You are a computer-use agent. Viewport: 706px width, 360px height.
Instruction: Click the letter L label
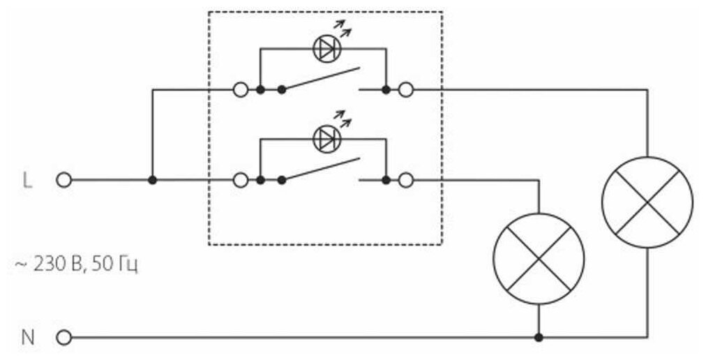(x=27, y=180)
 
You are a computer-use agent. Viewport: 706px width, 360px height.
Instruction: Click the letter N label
(x=28, y=338)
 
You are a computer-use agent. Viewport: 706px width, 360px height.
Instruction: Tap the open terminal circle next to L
(x=63, y=180)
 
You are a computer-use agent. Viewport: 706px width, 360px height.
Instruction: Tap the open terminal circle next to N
(x=63, y=338)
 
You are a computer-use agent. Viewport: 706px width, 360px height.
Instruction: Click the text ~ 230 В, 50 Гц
(x=76, y=265)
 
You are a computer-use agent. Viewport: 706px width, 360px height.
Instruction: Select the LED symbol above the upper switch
(x=326, y=48)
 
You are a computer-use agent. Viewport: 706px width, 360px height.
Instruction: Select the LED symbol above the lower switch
(x=326, y=138)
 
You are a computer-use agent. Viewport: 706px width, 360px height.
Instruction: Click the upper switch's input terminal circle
(x=241, y=90)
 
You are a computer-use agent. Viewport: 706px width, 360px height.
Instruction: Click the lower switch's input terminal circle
(x=241, y=180)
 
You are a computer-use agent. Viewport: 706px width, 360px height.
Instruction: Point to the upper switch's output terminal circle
(x=405, y=90)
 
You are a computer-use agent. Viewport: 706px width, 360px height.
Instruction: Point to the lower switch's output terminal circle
(x=405, y=180)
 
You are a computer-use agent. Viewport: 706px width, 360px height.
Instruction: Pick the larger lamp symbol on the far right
(x=647, y=202)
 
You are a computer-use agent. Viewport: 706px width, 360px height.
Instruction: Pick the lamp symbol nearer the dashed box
(x=539, y=258)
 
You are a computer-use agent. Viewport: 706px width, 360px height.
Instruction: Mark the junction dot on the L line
(x=152, y=180)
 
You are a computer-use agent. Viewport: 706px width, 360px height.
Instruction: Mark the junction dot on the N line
(x=539, y=338)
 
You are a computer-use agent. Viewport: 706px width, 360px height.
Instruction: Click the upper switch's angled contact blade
(x=321, y=79)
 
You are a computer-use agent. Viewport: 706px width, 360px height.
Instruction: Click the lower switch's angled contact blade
(x=321, y=169)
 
